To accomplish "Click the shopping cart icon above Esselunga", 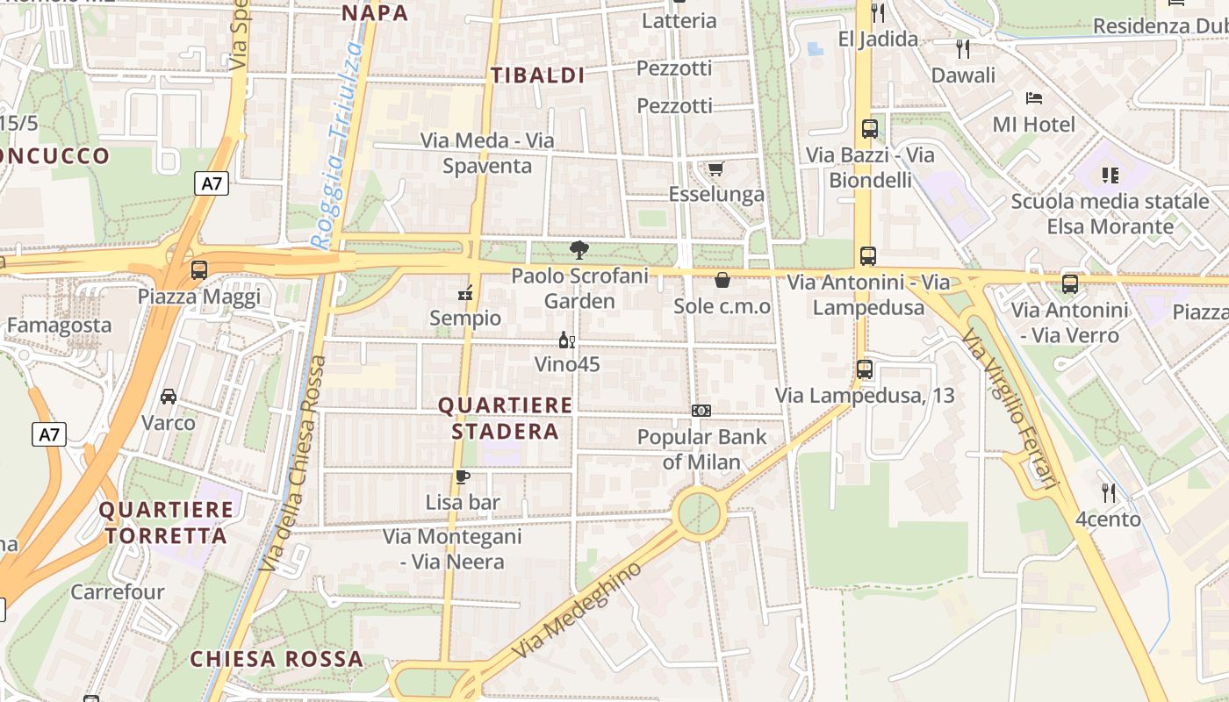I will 716,168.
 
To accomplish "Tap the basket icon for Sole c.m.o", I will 722,280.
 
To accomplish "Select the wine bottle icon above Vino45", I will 567,340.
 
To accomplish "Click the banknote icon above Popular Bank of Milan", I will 701,410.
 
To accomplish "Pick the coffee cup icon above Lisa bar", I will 462,476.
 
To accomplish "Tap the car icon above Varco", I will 169,397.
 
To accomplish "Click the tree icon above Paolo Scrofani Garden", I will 579,250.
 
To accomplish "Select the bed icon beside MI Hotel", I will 1034,98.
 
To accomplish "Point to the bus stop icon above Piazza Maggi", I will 199,270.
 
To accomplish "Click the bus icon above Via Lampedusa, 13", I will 865,369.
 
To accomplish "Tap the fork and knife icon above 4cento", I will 1109,493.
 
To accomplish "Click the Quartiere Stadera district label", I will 505,419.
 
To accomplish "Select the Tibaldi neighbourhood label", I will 537,75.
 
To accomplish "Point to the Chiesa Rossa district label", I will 277,659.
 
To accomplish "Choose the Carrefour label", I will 118,592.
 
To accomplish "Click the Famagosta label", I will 59,326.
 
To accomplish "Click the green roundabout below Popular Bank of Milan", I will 700,512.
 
